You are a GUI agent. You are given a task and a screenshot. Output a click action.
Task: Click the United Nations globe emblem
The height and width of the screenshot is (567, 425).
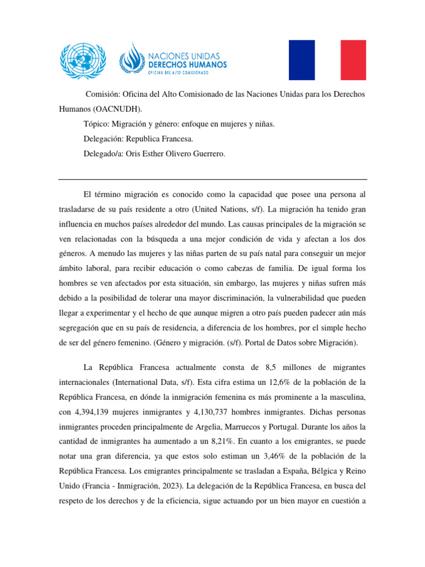pyautogui.click(x=82, y=59)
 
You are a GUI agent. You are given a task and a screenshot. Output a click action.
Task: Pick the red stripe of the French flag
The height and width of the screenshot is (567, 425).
pyautogui.click(x=353, y=60)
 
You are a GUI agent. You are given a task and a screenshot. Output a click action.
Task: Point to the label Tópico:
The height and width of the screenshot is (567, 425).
pyautogui.click(x=97, y=124)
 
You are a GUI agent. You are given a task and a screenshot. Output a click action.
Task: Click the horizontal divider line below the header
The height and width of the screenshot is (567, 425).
pyautogui.click(x=212, y=179)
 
